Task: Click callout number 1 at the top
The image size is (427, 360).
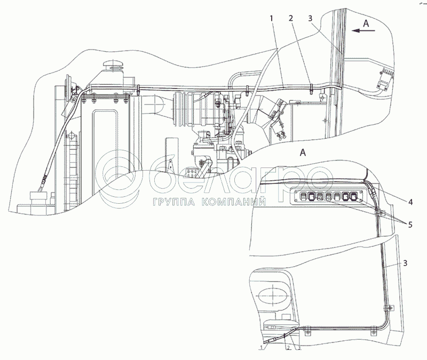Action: tap(272, 19)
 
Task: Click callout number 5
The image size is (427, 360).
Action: tap(409, 225)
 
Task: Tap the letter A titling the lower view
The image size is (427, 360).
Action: tap(303, 153)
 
